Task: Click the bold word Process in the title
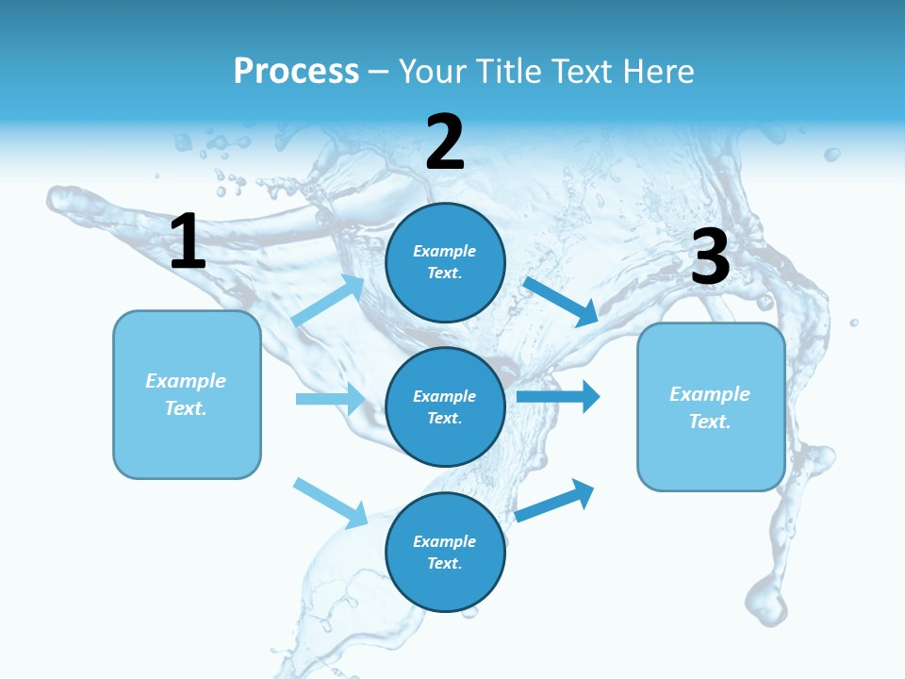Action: coord(296,72)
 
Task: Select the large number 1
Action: coord(188,242)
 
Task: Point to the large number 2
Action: coord(445,143)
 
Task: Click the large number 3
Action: coord(710,257)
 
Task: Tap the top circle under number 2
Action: coord(445,262)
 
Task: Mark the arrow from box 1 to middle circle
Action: coord(330,399)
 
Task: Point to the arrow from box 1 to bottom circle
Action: coord(330,503)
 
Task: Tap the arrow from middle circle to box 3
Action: coord(558,396)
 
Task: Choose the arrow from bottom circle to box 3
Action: coord(554,501)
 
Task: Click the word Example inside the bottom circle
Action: coord(444,541)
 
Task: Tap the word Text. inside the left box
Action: coord(186,408)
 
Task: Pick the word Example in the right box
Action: coord(710,394)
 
